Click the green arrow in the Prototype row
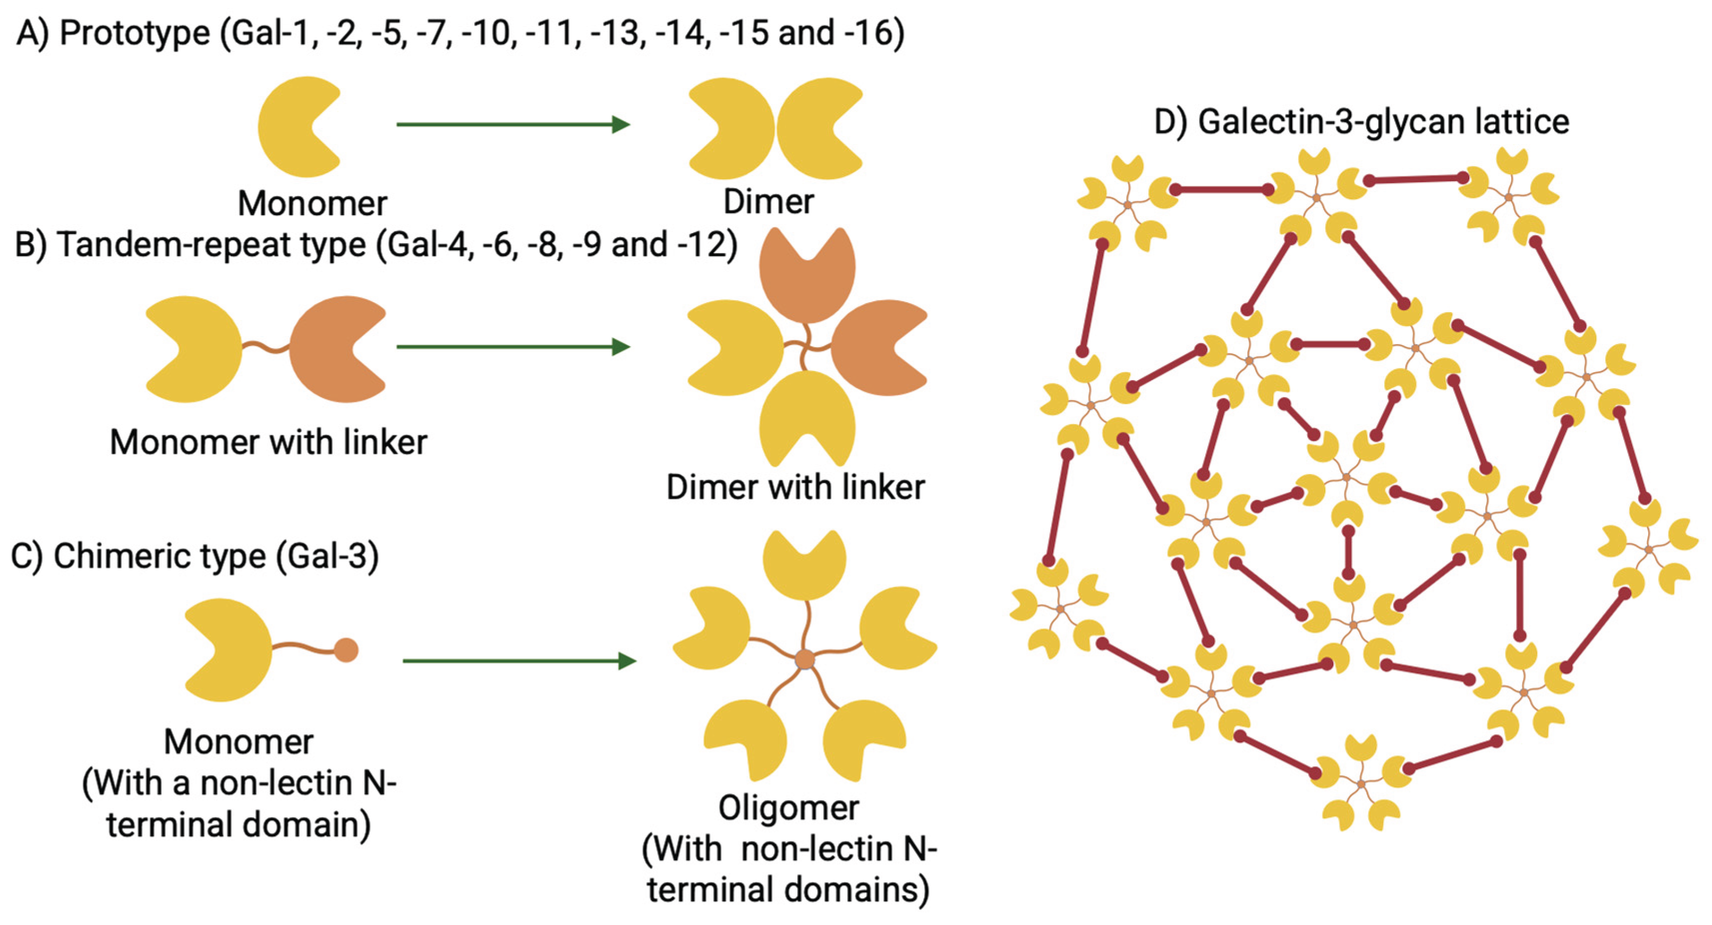512,124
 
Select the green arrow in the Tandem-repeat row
512,346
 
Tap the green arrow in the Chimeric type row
518,661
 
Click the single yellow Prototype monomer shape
293,126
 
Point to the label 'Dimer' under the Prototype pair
768,201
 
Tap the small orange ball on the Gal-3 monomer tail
346,650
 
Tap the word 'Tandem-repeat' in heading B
211,245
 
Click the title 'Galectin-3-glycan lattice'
1382,122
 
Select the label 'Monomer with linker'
268,442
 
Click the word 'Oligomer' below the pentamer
788,808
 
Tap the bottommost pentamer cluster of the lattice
1360,784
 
